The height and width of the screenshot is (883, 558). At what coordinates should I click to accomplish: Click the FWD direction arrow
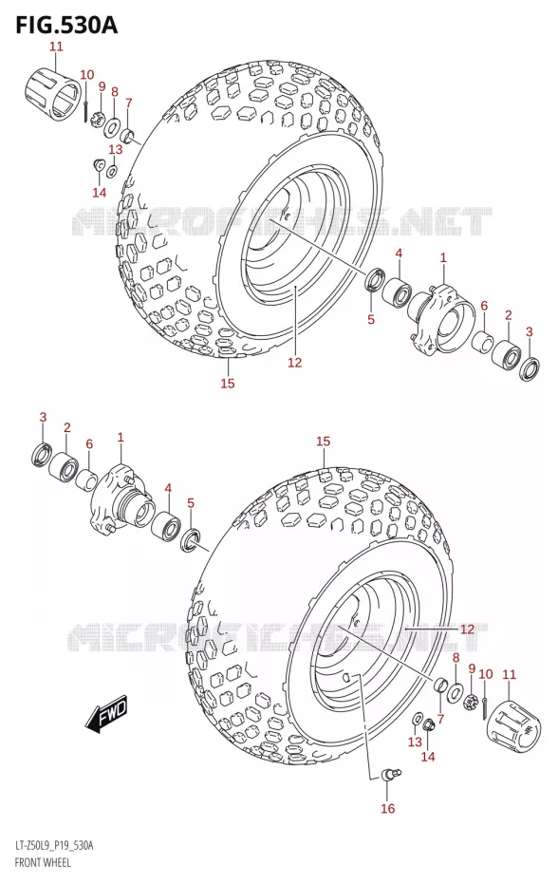coord(107,715)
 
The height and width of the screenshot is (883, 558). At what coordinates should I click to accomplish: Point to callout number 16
coord(387,808)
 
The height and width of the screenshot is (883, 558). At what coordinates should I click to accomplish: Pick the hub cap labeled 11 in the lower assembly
coord(512,726)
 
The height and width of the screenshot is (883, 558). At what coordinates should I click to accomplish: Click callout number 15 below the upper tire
coord(228,384)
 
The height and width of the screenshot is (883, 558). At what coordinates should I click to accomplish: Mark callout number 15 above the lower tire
coord(323,441)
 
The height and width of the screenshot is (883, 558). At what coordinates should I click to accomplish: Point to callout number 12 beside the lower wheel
coord(467,629)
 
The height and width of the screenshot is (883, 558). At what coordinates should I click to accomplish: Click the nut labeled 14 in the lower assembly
coord(429,724)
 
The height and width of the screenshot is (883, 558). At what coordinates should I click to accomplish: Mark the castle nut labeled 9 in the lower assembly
coord(471,703)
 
